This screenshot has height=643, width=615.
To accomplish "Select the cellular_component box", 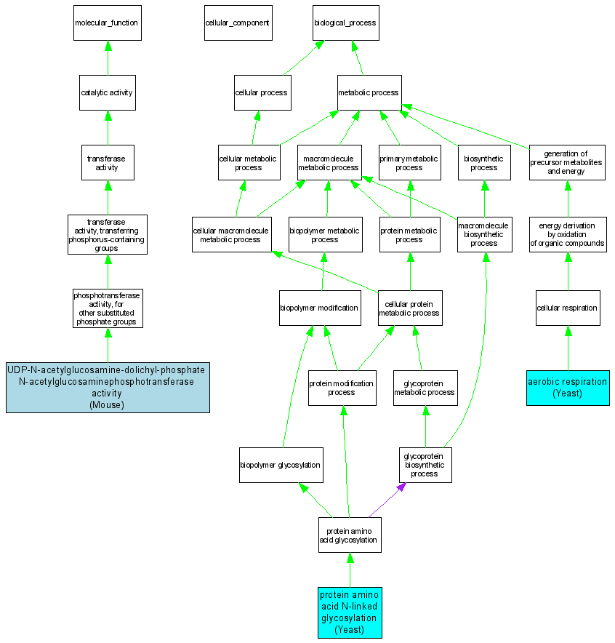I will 237,23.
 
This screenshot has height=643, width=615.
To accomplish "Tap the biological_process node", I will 345,23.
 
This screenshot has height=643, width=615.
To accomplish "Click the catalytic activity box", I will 107,92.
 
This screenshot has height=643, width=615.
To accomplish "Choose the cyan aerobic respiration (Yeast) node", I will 568,387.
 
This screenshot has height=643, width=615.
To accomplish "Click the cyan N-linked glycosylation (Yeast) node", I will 350,612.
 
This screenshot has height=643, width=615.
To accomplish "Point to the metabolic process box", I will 369,92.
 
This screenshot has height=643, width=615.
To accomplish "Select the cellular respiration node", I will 567,308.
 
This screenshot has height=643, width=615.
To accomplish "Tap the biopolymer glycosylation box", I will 281,465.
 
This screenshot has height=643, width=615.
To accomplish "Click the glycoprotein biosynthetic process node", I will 425,465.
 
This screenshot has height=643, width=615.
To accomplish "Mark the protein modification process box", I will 342,388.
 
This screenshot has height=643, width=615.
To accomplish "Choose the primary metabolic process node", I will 409,162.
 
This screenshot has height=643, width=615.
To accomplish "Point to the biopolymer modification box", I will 319,308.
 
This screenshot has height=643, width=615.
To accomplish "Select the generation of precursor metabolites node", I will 567,162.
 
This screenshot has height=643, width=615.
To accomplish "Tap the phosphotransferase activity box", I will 107,308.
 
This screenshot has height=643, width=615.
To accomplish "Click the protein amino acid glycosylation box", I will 349,535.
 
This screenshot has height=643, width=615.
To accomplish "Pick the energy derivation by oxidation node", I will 567,234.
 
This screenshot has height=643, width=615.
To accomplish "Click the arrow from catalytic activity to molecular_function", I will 108,57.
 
